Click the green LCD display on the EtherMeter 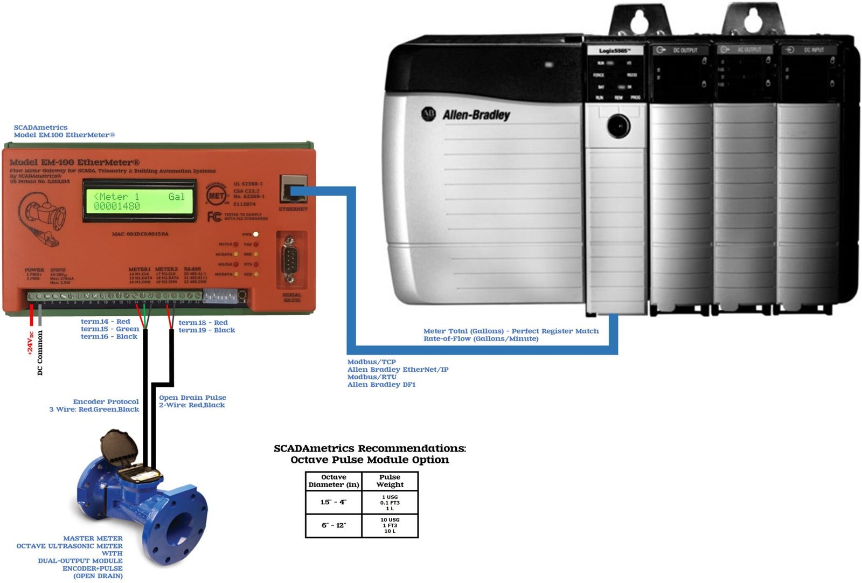(x=139, y=201)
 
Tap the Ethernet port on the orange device (x=293, y=189)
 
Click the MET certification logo (x=216, y=196)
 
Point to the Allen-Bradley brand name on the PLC (x=476, y=115)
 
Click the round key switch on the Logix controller (x=618, y=126)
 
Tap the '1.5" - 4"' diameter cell (x=333, y=502)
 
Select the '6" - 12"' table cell (x=333, y=525)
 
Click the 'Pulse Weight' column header (x=390, y=481)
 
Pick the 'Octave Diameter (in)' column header (x=333, y=481)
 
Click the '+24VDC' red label (x=31, y=343)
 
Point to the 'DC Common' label (x=40, y=352)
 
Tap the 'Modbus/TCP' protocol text (x=371, y=362)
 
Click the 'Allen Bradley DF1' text (x=381, y=385)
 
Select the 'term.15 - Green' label (x=110, y=329)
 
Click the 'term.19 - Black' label (x=206, y=330)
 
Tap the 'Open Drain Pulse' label (x=192, y=398)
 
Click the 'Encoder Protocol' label (x=106, y=401)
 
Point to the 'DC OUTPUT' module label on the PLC (x=685, y=50)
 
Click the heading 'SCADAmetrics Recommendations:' (x=370, y=448)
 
